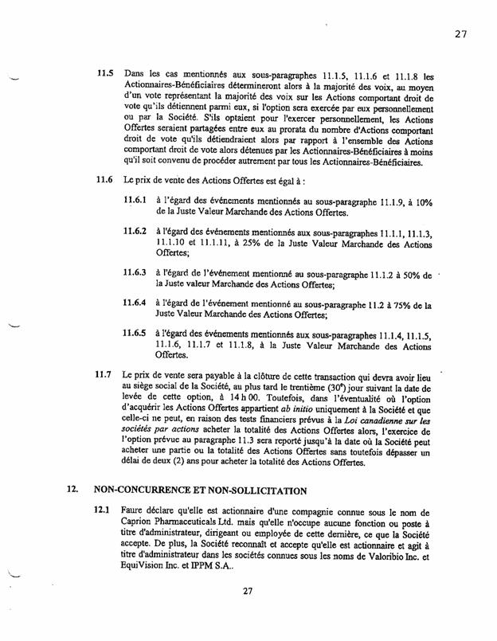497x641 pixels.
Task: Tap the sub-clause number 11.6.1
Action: tap(137, 202)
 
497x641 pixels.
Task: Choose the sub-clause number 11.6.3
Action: tap(137, 272)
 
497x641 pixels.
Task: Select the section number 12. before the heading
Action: tap(72, 492)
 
